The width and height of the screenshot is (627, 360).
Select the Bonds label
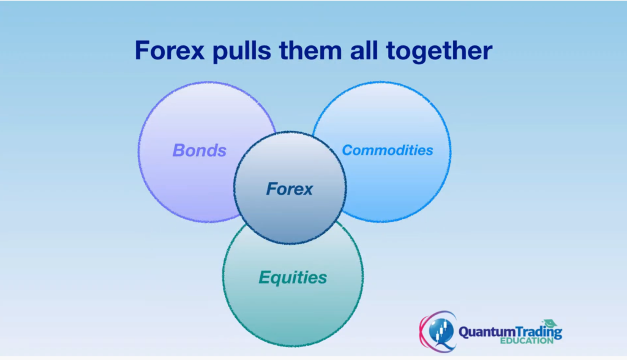[200, 151]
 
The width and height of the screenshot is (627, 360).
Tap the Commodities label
[387, 150]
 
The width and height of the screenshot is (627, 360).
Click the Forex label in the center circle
[289, 189]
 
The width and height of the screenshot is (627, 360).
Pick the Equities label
[293, 277]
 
